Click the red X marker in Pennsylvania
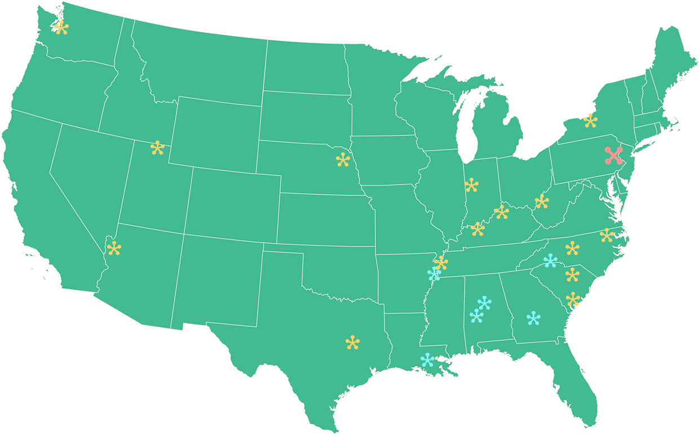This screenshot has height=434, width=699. coord(613,155)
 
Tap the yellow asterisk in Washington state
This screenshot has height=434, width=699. coord(61,27)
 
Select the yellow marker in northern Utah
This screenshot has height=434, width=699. coord(157,148)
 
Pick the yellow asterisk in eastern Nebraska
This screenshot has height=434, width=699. coord(343,160)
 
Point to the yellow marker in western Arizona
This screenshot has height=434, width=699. coord(114,248)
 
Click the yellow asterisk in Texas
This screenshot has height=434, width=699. coord(352,343)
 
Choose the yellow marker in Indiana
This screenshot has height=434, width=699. coord(471,185)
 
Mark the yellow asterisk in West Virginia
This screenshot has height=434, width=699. coord(542,201)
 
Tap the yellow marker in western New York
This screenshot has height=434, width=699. coord(590,121)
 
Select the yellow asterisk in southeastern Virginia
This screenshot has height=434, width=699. coord(607,235)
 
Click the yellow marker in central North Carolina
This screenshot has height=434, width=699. coord(572,248)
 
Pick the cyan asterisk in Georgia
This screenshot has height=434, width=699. coord(533,318)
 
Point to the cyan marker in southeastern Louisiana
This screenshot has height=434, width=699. coord(428,360)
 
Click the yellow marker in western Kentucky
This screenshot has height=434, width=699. coord(477,229)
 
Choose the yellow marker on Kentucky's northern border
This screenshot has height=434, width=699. coord(501,212)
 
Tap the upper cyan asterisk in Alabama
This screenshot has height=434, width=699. coord(484,304)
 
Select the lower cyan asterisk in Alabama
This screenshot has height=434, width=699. coord(476,315)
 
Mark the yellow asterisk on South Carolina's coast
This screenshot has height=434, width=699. coord(573,299)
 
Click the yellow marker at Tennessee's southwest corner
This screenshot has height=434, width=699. coord(441,263)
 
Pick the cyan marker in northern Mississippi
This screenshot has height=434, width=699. coord(434,274)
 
